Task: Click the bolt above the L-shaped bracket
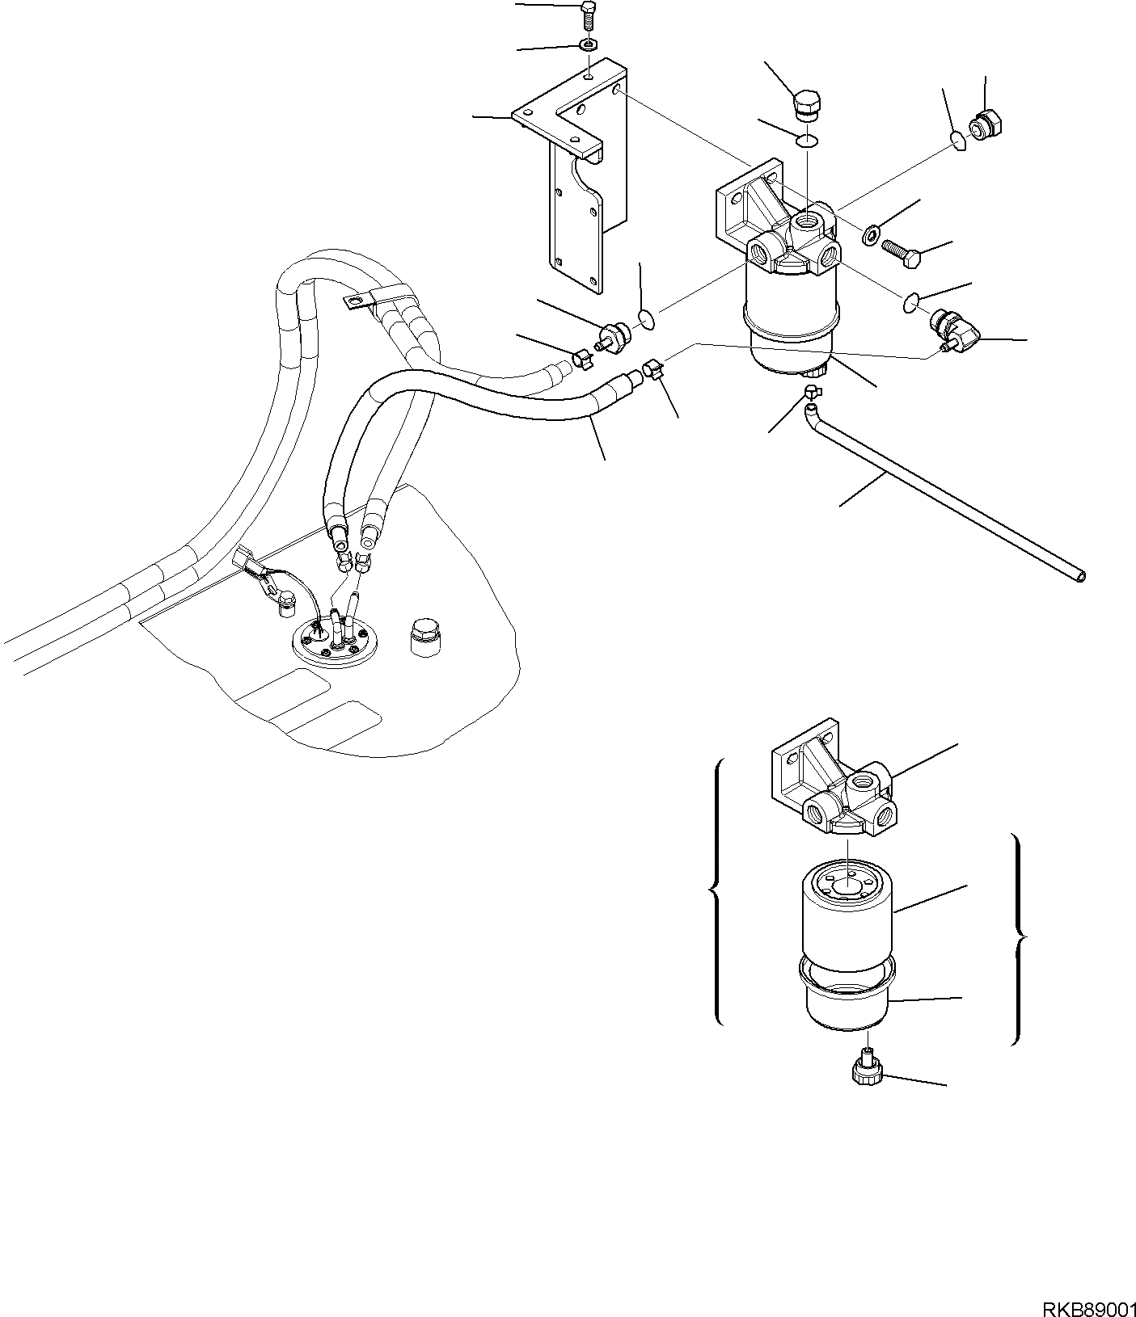tap(587, 16)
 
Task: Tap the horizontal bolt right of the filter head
tap(903, 255)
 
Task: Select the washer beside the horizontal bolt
tap(872, 235)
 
